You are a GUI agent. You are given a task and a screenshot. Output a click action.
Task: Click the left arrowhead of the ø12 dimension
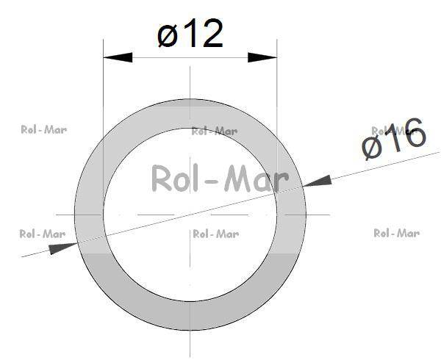click(x=118, y=57)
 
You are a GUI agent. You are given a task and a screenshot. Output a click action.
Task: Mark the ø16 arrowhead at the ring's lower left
click(x=62, y=248)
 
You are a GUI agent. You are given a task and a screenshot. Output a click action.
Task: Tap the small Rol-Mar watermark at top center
click(x=214, y=132)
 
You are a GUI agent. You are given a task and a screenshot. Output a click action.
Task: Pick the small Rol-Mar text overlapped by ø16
click(x=390, y=130)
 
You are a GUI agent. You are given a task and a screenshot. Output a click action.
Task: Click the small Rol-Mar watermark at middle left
click(x=42, y=234)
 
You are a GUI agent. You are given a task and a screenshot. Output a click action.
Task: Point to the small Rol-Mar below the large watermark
click(x=215, y=234)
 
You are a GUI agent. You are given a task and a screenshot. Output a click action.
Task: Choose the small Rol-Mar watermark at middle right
click(x=396, y=233)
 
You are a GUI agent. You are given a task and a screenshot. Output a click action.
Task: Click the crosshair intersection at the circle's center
click(x=190, y=215)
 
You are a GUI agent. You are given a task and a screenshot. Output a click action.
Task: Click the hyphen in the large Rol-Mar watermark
click(x=220, y=181)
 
